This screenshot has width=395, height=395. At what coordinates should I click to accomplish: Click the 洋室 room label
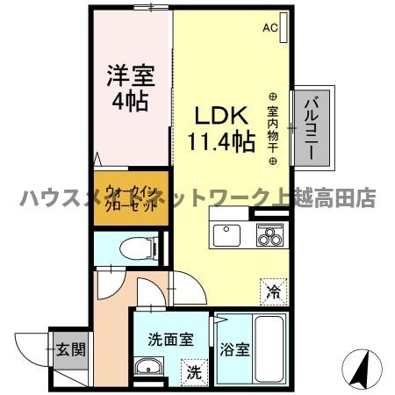pos(126,75)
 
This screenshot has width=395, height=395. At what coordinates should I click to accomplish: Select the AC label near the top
pos(269,27)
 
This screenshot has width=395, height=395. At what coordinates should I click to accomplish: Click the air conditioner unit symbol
pos(284,24)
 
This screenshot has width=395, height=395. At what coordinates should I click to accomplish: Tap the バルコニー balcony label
pos(312,128)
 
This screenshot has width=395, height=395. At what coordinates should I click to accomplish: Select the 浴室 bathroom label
pos(234,349)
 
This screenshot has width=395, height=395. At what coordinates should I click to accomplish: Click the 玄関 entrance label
pos(72,350)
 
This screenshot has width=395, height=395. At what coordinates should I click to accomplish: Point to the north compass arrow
pos(359,368)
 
